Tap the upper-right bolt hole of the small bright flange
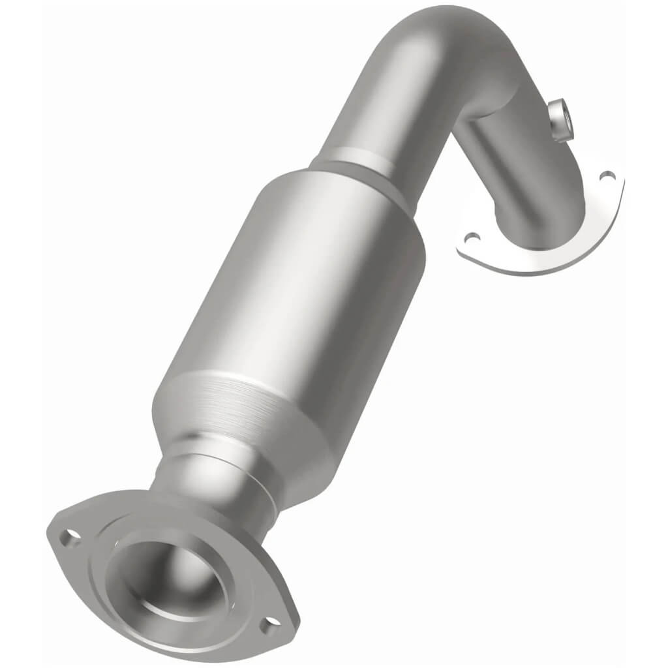coord(607,175)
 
